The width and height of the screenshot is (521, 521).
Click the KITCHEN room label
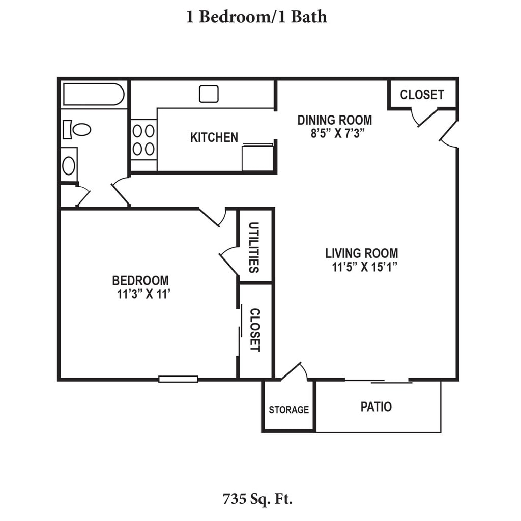[214, 137]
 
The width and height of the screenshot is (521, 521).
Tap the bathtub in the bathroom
[94, 94]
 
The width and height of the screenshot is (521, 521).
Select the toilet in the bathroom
[77, 130]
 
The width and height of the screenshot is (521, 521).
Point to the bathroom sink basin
[69, 165]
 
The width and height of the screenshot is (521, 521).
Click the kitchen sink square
[209, 94]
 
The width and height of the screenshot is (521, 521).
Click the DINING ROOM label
[335, 120]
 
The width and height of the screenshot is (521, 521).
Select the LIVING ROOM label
[362, 253]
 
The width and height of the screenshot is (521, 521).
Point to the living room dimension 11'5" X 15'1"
[365, 267]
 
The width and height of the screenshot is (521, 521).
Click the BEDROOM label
[140, 281]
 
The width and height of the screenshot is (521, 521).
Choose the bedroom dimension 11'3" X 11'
[143, 294]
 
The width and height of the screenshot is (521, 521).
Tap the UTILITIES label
[254, 248]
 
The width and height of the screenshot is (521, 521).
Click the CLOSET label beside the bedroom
[255, 330]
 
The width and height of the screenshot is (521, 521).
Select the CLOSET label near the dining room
[422, 95]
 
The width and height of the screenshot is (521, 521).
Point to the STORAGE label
[289, 410]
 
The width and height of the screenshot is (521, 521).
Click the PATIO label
[376, 407]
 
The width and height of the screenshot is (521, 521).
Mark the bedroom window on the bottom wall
[179, 379]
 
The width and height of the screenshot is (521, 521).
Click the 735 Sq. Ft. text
[257, 499]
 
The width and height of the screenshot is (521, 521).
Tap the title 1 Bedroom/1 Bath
[256, 17]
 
